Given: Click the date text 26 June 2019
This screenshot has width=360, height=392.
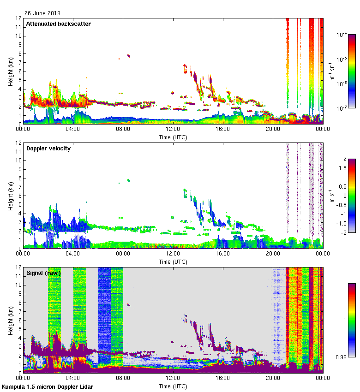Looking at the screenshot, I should pos(42,13).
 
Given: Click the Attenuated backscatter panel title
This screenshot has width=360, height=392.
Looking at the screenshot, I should pos(58,24).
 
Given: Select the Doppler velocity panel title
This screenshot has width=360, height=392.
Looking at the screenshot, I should pos(48,148).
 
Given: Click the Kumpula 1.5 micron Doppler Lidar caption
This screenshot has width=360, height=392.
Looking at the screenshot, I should pos(48,387).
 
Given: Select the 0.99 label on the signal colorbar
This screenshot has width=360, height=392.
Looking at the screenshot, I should pos(341,356).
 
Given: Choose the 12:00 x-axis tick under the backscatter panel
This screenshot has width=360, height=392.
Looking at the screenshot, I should pos(173,130).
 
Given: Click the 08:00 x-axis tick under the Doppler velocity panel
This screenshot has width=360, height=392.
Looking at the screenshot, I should pos(123,254).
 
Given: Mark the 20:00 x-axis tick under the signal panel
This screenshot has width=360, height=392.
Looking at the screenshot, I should pos(273,379).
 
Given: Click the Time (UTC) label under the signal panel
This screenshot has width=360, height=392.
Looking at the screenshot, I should pos(173,386).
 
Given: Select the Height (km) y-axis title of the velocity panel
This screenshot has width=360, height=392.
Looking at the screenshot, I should pos(10,196).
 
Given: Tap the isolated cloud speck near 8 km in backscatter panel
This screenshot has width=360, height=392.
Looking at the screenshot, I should pos(128,55).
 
